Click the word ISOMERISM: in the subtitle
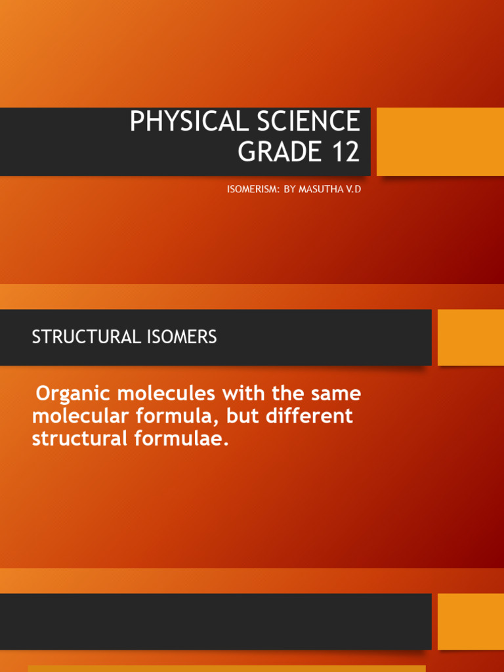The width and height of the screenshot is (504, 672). coord(253,189)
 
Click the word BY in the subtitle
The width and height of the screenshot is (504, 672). coord(289,189)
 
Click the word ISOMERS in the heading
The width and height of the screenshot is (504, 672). coord(182,337)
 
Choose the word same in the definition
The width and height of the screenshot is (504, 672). coord(336,394)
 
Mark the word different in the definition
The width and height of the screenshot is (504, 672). coord(309,415)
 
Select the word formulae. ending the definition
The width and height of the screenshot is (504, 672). coord(181,438)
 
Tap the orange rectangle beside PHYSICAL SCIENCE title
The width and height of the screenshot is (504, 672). coord(440,142)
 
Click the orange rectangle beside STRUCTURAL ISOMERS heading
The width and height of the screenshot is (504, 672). coord(471,337)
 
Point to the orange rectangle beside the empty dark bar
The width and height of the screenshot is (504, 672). coord(471,621)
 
